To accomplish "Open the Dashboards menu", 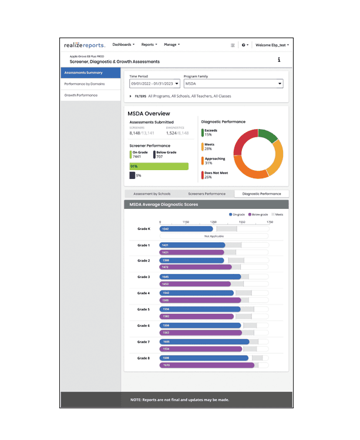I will click(123, 45).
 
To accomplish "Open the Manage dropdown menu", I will click(171, 45).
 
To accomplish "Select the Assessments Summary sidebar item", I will click(90, 73).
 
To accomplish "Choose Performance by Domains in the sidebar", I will click(90, 84).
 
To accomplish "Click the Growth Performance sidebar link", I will click(90, 95).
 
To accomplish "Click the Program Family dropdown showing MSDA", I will click(233, 84).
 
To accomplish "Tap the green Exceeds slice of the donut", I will click(267, 137).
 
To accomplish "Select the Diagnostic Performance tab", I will click(261, 194).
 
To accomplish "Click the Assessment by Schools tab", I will click(152, 194).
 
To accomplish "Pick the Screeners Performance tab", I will click(206, 194).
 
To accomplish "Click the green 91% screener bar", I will click(159, 167).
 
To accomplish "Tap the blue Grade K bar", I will click(186, 229).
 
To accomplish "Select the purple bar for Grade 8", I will click(207, 365).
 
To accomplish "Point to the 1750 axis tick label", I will click(270, 222).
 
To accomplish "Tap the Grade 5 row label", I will click(144, 309).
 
